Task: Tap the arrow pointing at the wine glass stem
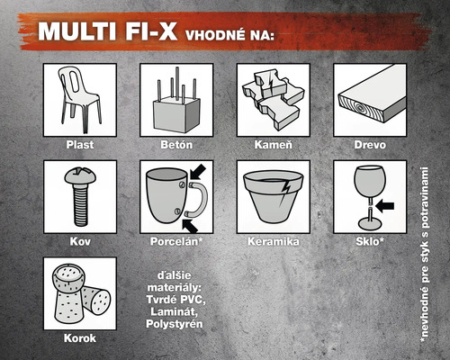click(x=384, y=204)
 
